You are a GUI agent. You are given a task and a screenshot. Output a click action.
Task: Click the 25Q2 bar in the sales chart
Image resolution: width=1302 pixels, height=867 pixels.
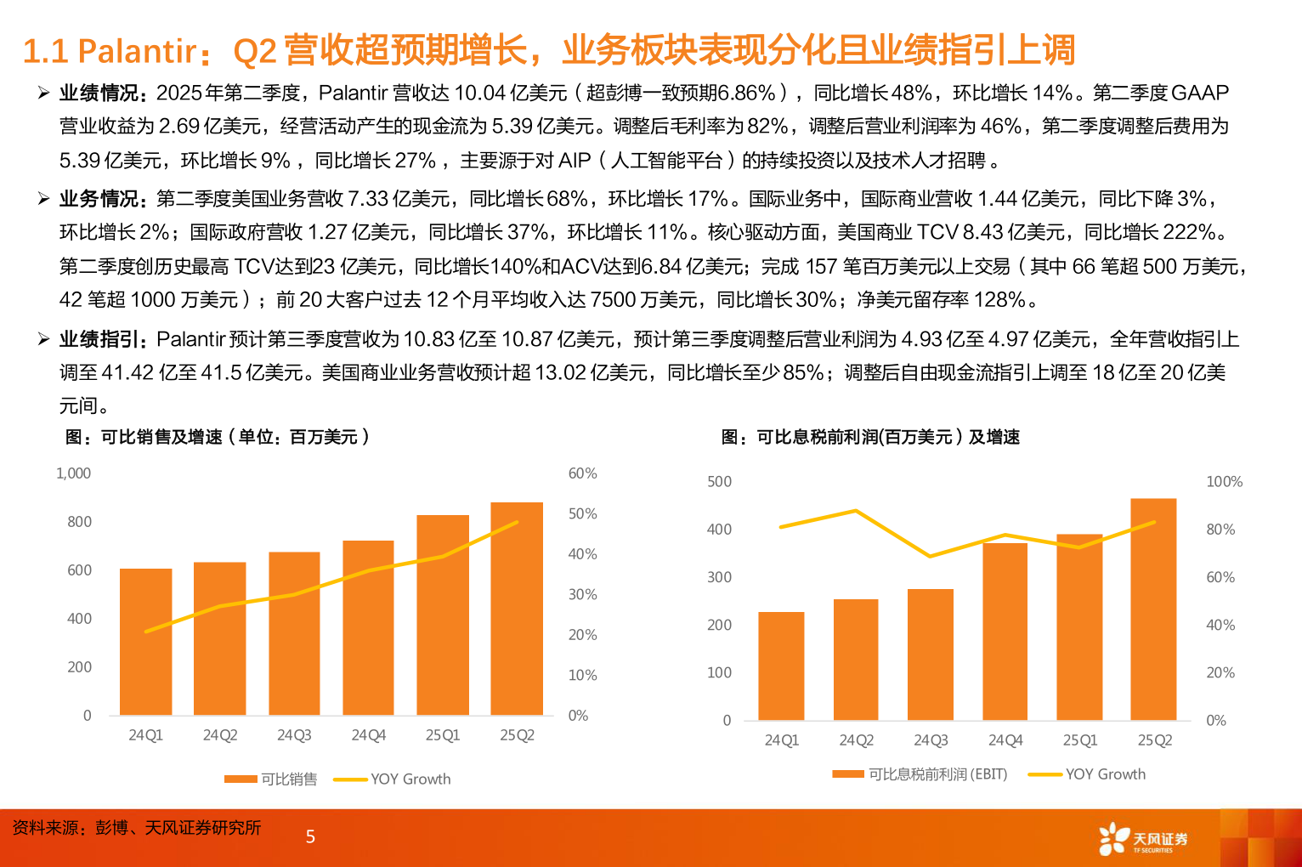pos(517,609)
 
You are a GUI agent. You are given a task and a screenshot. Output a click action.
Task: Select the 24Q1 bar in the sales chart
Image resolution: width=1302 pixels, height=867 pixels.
pos(145,642)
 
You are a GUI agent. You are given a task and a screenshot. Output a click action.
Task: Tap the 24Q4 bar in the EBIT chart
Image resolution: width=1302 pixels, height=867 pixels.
pos(1005,632)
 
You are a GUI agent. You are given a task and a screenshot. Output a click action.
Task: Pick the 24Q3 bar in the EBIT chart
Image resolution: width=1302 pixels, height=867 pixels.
pos(931,654)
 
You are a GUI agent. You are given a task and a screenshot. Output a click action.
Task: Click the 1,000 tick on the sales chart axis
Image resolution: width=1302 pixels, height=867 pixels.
pos(73,473)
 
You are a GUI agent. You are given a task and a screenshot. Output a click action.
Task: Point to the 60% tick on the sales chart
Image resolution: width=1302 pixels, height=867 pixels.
pos(582,473)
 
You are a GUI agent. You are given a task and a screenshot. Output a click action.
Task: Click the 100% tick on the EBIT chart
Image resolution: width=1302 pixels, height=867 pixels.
pos(1224,482)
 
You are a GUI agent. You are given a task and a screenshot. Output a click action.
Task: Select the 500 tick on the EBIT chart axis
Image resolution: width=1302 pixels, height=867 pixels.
pos(719,482)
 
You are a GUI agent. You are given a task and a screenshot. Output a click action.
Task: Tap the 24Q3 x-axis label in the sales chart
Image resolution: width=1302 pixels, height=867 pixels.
pos(294,735)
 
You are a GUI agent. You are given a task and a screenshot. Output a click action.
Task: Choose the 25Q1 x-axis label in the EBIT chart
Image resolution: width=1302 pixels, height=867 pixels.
pos(1079,740)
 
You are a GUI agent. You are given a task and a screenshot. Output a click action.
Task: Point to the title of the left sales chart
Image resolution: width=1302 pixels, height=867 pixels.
pos(218,437)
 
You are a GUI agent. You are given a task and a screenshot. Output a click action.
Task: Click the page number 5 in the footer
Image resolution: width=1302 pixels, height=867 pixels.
pos(310,837)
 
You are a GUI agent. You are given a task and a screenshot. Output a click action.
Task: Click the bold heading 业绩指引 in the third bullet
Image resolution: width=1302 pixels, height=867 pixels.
pos(100,339)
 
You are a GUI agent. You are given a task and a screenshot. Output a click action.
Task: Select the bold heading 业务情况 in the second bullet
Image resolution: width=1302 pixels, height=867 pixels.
pos(100,199)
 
